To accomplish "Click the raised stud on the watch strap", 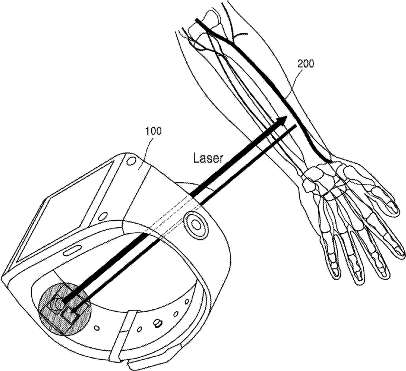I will click(x=156, y=323).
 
